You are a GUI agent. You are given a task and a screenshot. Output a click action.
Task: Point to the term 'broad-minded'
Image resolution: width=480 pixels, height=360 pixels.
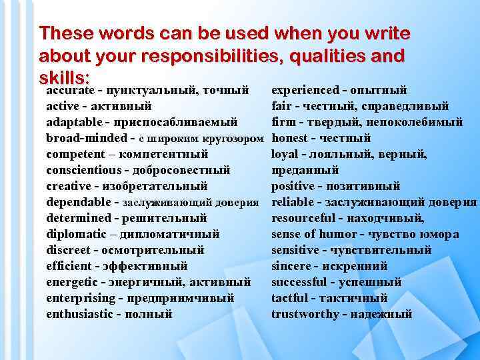pyautogui.click(x=86, y=138)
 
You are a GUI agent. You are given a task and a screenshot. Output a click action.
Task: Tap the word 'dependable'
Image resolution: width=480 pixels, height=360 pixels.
pyautogui.click(x=77, y=202)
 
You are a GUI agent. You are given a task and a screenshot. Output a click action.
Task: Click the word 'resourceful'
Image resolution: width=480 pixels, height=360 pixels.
pyautogui.click(x=306, y=218)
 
